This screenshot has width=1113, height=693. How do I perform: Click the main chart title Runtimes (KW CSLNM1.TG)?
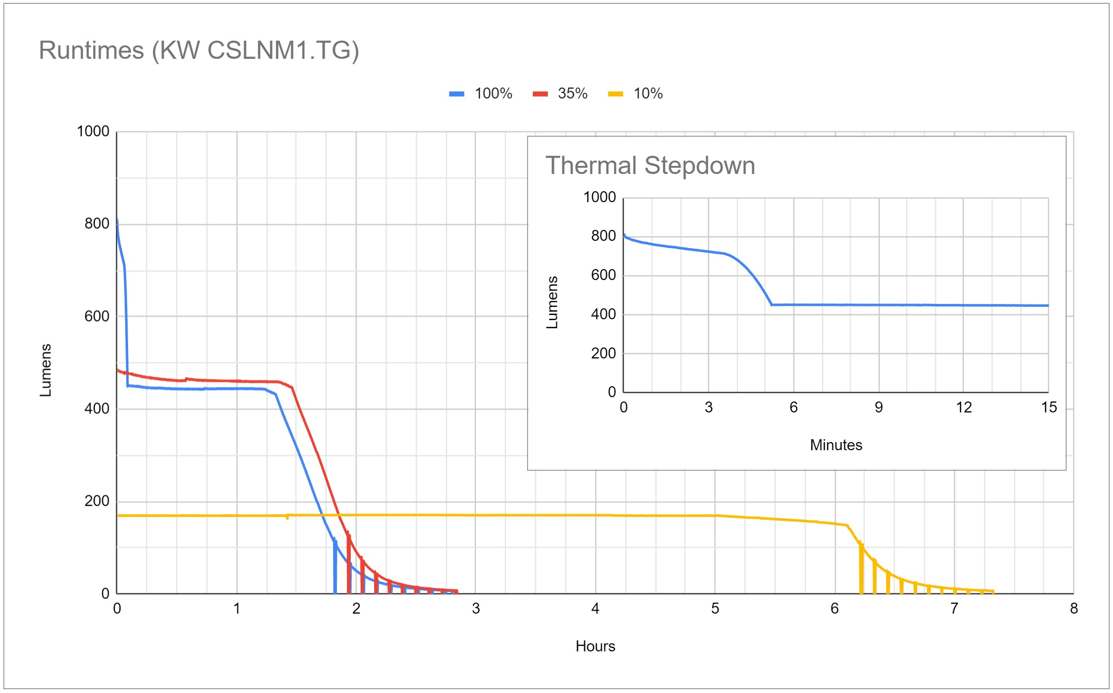click(199, 51)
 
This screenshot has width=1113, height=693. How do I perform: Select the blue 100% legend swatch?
click(456, 94)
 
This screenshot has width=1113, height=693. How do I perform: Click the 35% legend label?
click(573, 94)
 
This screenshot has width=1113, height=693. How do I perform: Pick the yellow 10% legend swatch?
click(615, 94)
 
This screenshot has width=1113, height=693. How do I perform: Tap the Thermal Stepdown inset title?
click(650, 166)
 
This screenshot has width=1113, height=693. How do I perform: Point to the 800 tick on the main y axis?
click(97, 224)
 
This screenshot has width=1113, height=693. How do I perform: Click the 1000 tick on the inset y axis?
click(599, 197)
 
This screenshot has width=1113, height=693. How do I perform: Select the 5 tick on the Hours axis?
click(715, 608)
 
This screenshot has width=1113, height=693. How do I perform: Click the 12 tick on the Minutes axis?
click(963, 408)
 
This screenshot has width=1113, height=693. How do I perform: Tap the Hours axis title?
click(595, 646)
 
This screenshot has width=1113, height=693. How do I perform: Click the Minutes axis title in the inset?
click(836, 445)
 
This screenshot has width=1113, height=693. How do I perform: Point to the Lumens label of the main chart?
click(45, 370)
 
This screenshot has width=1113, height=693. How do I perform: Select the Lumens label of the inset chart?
click(552, 303)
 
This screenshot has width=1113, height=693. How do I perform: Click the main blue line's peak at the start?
click(117, 220)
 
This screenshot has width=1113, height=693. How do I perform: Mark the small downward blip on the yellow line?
click(287, 518)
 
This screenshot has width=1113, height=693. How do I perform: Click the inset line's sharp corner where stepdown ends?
click(771, 304)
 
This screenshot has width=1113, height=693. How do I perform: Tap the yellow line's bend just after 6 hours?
click(847, 525)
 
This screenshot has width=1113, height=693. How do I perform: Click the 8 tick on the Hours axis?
click(1074, 608)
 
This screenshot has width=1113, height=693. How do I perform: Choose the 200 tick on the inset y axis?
click(603, 354)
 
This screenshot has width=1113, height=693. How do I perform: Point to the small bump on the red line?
click(186, 379)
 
